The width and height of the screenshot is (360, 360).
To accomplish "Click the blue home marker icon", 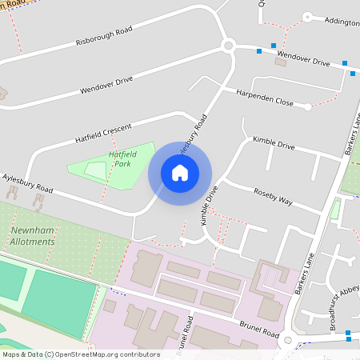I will pos(180,172).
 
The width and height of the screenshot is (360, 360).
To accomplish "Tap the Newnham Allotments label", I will pos(32,236).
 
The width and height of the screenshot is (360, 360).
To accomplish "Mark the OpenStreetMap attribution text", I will pos(81,354).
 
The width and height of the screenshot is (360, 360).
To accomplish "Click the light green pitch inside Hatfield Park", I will pos(95,170).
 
